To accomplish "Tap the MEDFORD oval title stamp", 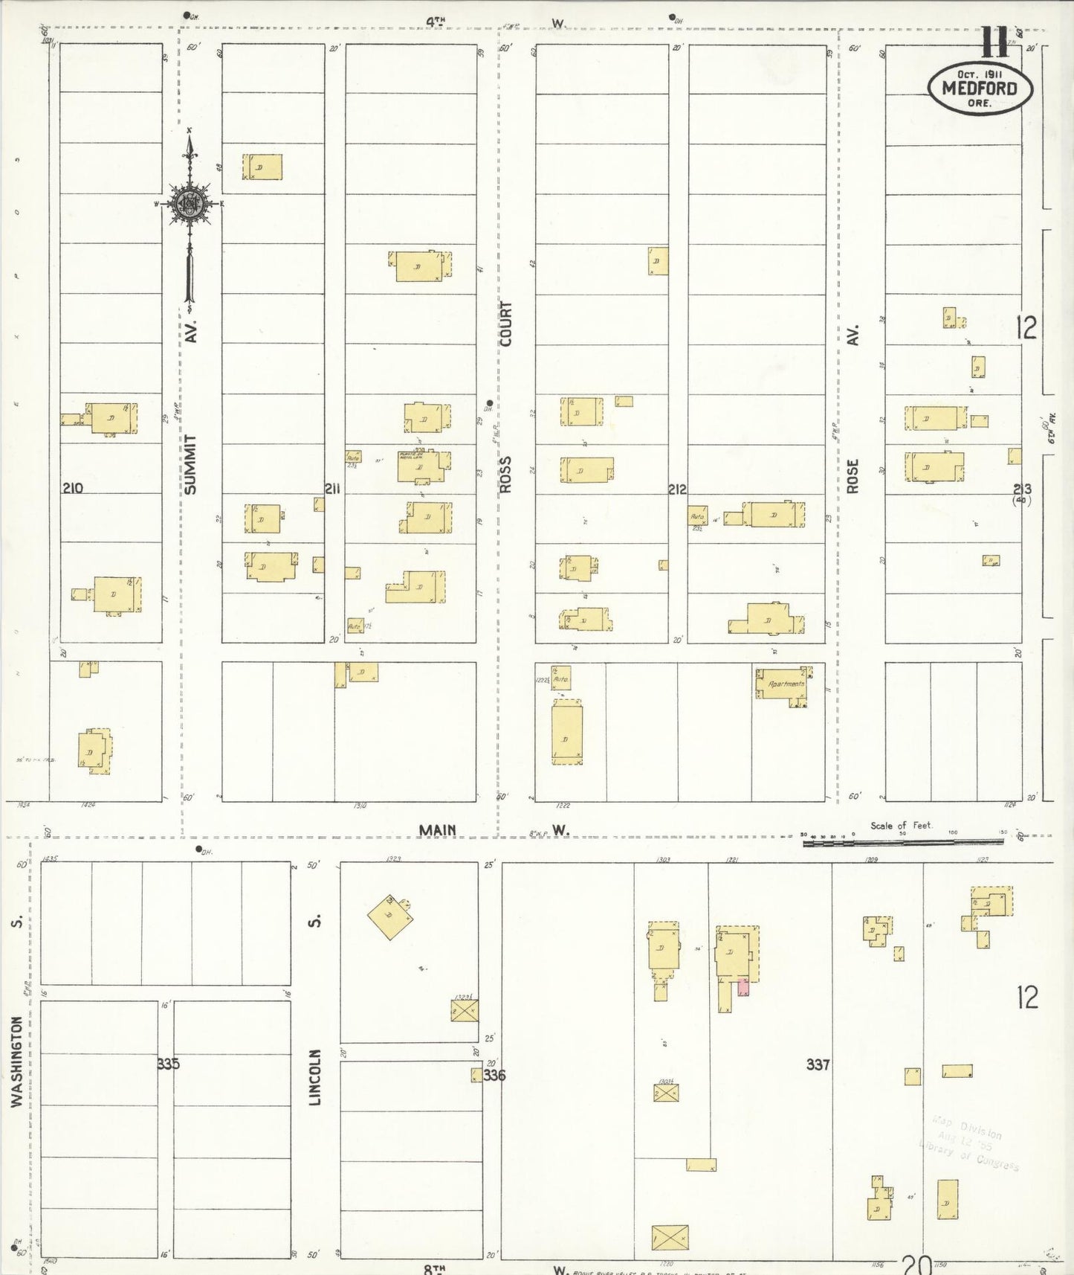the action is [x=980, y=88].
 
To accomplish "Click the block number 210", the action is [x=73, y=488].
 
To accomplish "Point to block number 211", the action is [x=332, y=488].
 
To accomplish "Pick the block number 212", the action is [x=677, y=489].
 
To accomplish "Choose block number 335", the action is [x=168, y=1064].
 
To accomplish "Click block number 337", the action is [x=818, y=1064].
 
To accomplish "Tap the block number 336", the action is [x=494, y=1075].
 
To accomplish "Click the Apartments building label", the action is [x=786, y=684].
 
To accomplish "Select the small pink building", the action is [x=743, y=987].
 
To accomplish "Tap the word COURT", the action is [x=506, y=324].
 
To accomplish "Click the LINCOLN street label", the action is [x=315, y=1076].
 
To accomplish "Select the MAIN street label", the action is [x=437, y=830].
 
